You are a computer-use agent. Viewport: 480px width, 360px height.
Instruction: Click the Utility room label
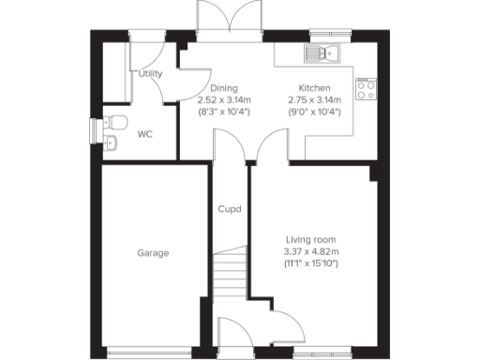pyautogui.click(x=150, y=74)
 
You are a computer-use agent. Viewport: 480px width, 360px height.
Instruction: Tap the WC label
pyautogui.click(x=145, y=134)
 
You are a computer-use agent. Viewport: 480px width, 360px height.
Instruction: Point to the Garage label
pyautogui.click(x=153, y=253)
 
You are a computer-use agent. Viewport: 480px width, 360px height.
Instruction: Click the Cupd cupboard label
pyautogui.click(x=230, y=209)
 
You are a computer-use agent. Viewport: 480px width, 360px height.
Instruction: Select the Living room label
pyautogui.click(x=310, y=239)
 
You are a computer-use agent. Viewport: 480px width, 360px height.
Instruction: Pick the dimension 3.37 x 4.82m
pyautogui.click(x=310, y=251)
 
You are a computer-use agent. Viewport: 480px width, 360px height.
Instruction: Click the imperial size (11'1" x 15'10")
pyautogui.click(x=310, y=263)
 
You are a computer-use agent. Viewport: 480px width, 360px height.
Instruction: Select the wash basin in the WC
pyautogui.click(x=111, y=142)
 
